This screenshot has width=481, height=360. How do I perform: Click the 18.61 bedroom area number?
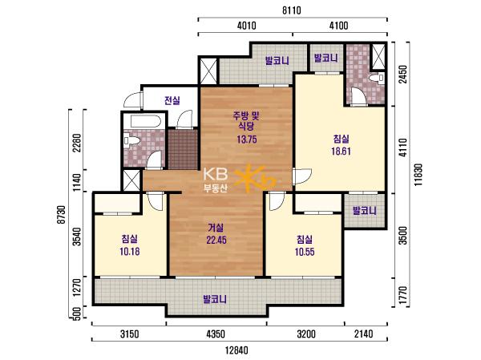click(341, 152)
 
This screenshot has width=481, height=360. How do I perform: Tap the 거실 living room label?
click(216, 228)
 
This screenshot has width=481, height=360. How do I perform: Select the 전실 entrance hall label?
click(172, 100)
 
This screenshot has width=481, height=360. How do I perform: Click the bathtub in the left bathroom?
click(145, 120)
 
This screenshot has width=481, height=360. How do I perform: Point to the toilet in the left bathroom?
click(131, 140)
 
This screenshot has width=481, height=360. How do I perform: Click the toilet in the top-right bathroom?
click(377, 78)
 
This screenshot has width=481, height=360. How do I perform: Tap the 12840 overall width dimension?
click(236, 350)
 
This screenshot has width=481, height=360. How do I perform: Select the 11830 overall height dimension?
click(418, 175)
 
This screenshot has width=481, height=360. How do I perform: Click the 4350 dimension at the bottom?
click(216, 334)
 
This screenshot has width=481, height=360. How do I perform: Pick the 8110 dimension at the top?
click(292, 10)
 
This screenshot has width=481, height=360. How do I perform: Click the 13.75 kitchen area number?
click(247, 140)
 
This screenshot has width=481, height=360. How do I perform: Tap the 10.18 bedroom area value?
click(130, 252)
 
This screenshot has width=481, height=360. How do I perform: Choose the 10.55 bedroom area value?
click(305, 252)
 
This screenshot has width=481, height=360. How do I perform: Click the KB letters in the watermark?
click(216, 174)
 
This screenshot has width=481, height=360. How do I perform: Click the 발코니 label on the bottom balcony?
click(215, 299)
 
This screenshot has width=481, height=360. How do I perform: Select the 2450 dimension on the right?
click(405, 74)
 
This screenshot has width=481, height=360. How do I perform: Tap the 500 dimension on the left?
click(77, 313)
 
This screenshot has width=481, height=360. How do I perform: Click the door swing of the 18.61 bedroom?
click(302, 176)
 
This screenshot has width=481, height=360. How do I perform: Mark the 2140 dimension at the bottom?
click(364, 334)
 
